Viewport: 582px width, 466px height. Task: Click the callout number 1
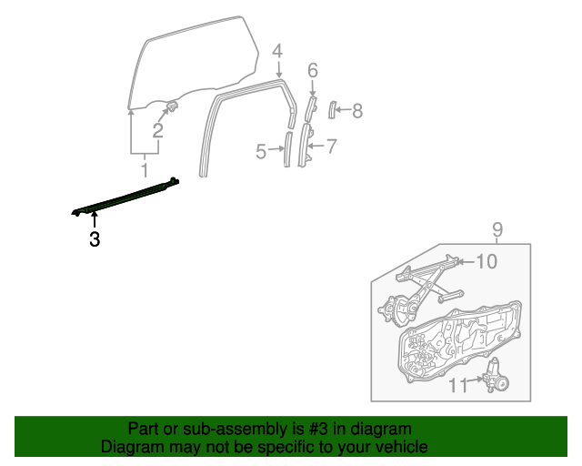coord(144,170)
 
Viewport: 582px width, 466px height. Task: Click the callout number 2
coord(157,131)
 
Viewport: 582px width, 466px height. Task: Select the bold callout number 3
coord(94,240)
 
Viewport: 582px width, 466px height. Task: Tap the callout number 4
coord(277,51)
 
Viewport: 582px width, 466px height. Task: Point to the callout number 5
coord(261,152)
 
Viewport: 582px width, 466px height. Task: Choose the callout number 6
coord(312,70)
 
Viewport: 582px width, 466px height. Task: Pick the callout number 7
coord(331,145)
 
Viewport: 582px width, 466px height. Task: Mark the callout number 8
coord(356,111)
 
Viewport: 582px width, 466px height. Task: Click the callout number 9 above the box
coord(497,229)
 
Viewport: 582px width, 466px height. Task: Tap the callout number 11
coord(458,385)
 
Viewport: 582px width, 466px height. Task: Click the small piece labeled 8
coord(332,111)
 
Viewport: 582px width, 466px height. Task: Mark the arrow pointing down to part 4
coord(277,68)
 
